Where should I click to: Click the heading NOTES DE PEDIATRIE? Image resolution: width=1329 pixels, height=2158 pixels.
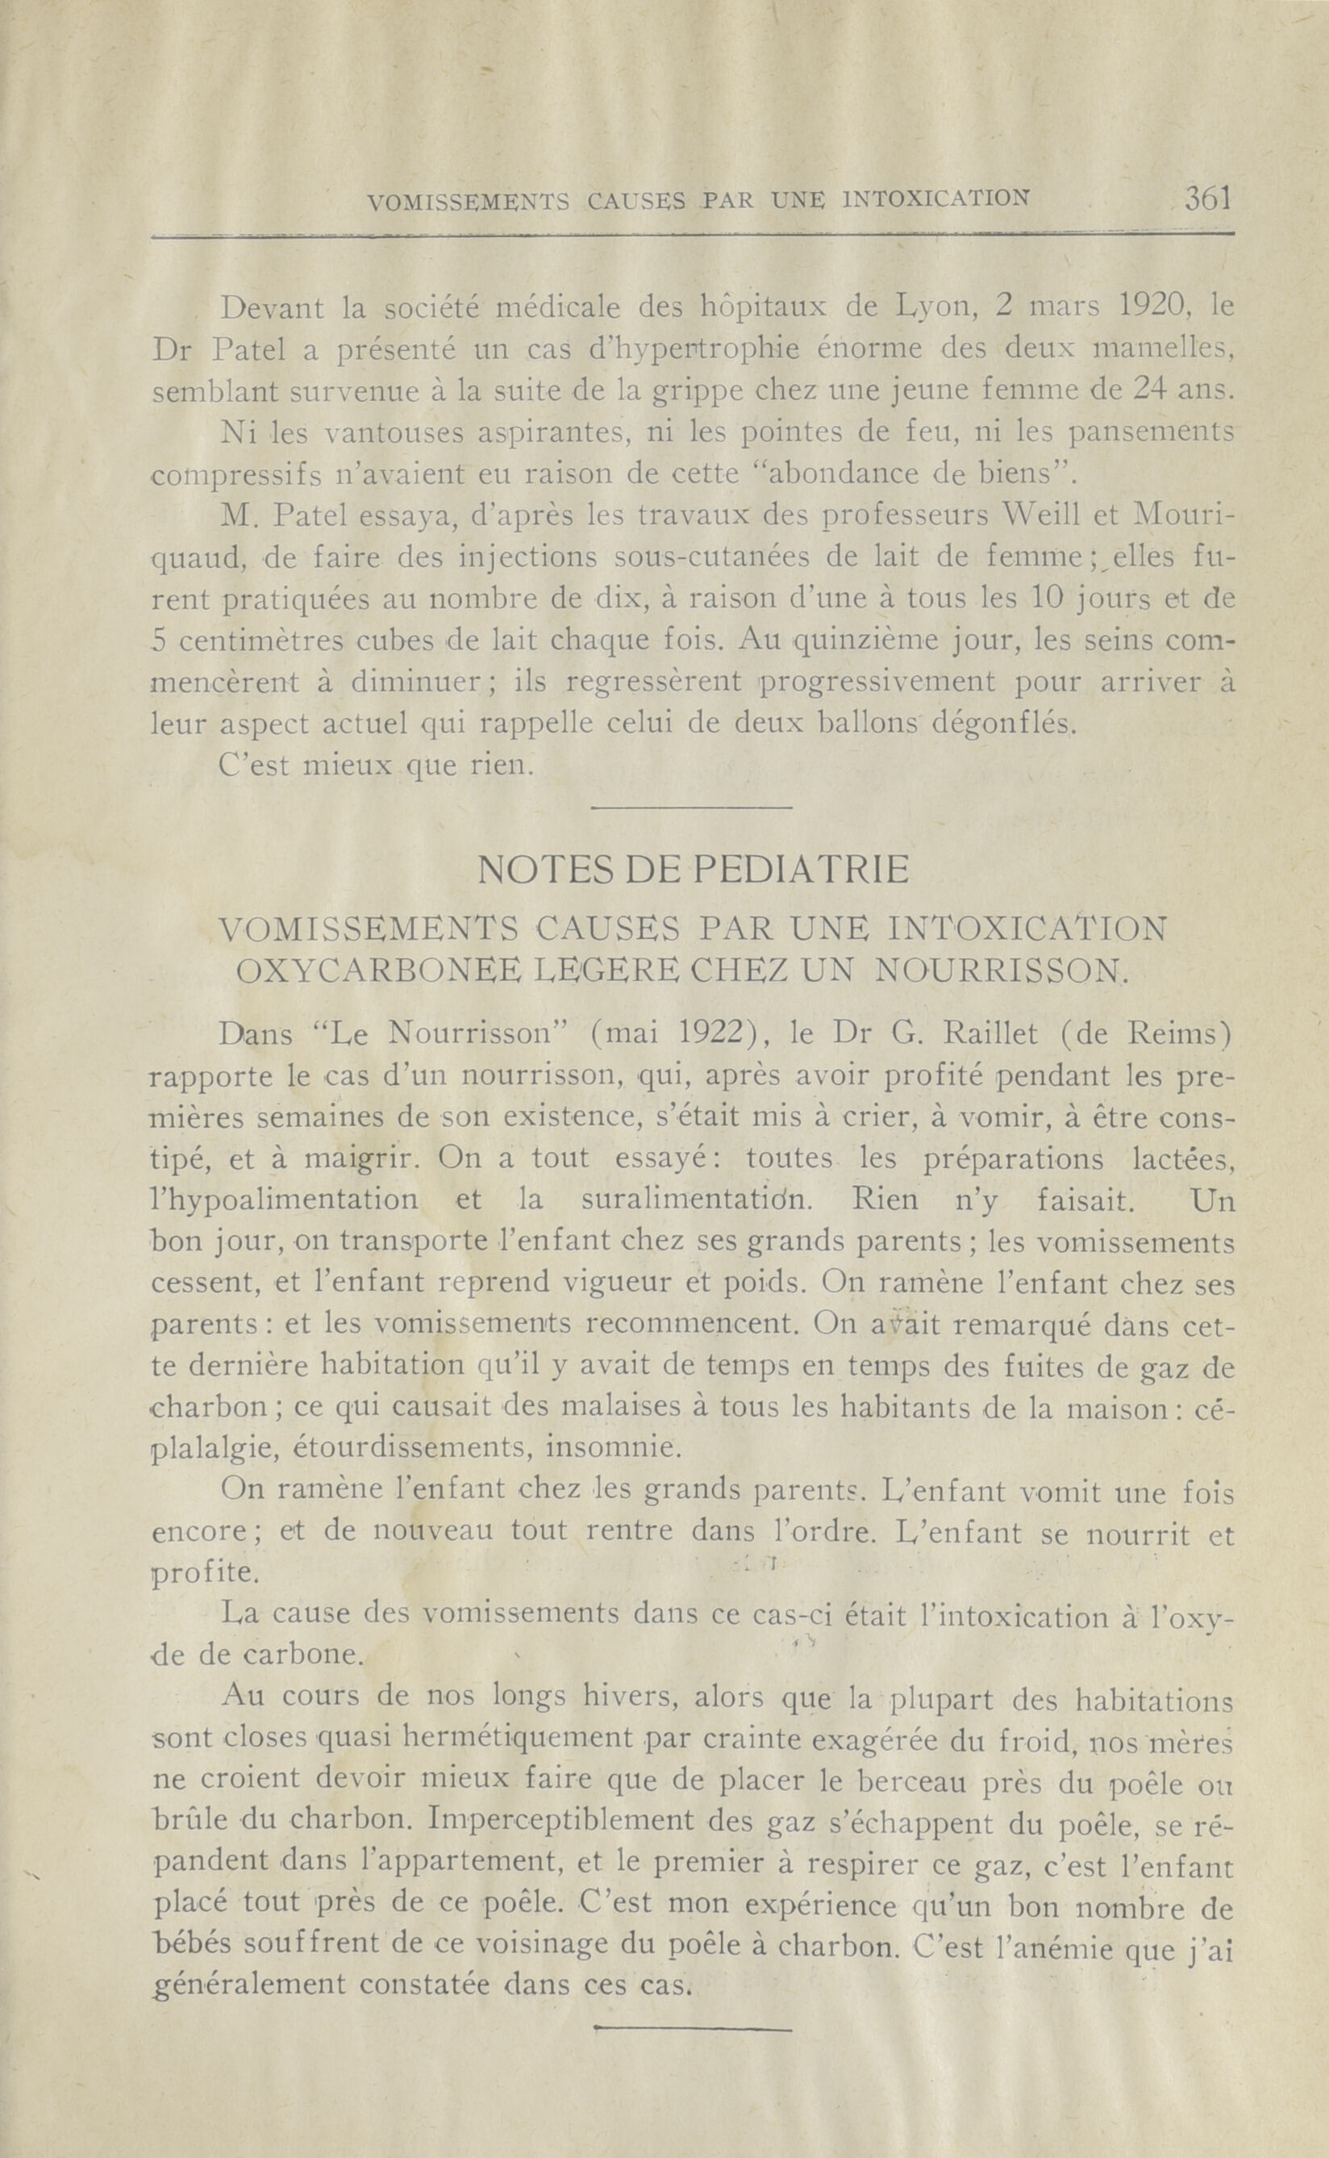pyautogui.click(x=694, y=870)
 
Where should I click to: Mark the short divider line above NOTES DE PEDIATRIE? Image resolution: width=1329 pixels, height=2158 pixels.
pyautogui.click(x=694, y=808)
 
